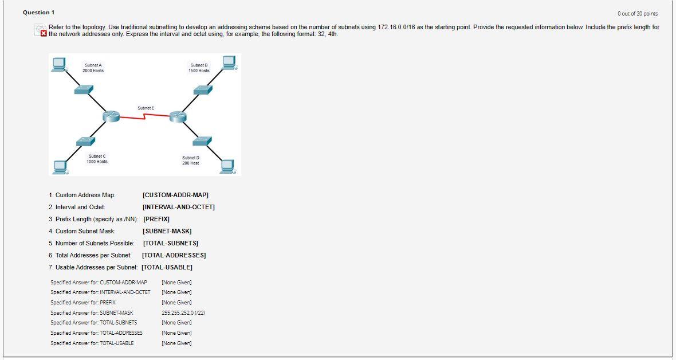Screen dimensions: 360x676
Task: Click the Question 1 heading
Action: click(x=36, y=13)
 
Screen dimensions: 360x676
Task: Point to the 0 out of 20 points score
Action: click(x=638, y=13)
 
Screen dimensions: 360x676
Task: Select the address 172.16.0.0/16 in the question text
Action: click(x=397, y=28)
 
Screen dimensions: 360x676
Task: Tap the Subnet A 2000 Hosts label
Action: click(x=93, y=68)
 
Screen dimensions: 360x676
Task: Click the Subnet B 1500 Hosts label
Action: click(x=199, y=68)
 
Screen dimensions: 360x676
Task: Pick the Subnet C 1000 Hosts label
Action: click(x=97, y=159)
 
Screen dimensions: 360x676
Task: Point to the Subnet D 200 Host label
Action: click(x=191, y=161)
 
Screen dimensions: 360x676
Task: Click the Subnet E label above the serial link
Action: click(x=145, y=108)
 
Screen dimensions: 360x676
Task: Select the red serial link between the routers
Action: click(x=145, y=117)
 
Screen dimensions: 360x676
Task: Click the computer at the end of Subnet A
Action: click(x=57, y=63)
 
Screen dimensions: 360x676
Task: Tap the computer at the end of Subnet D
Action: click(x=227, y=166)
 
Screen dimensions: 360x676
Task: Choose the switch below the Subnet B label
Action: click(x=202, y=89)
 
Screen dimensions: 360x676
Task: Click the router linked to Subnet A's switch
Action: click(x=111, y=116)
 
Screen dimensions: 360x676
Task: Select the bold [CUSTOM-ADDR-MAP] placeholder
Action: click(x=175, y=195)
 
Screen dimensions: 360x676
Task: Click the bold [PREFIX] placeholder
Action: click(x=156, y=219)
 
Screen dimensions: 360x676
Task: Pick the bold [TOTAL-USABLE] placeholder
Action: click(x=167, y=267)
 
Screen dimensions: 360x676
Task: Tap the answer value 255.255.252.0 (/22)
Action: click(x=183, y=312)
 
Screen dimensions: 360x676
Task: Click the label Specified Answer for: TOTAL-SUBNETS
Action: click(x=93, y=323)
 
